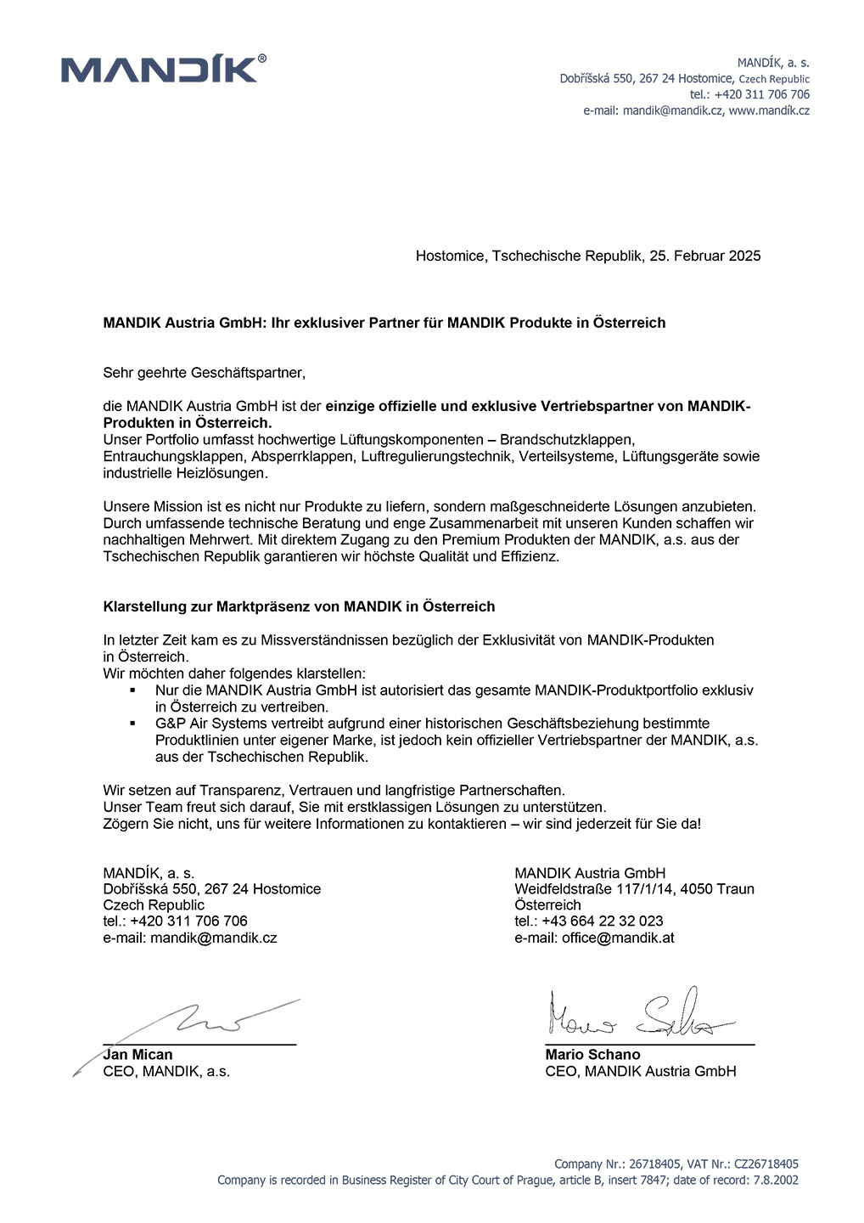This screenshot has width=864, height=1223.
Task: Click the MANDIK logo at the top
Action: tap(160, 70)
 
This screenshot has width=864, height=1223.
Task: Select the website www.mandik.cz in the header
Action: tap(769, 110)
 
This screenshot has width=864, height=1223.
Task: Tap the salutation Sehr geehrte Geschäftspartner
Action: tap(204, 372)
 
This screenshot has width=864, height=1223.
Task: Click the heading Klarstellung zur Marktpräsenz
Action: tap(299, 606)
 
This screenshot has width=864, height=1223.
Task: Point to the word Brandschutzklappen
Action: tap(567, 439)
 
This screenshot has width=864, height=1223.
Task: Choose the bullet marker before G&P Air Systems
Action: tap(132, 724)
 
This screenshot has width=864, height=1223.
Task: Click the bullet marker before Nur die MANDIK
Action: tap(132, 690)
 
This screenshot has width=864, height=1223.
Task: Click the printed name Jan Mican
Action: tap(138, 1054)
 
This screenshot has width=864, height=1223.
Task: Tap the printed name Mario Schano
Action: tap(592, 1054)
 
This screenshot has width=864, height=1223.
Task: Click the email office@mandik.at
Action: tap(618, 938)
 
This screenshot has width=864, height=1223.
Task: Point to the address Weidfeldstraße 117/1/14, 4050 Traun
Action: tap(634, 888)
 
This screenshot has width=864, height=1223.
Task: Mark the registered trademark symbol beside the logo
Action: tap(261, 59)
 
